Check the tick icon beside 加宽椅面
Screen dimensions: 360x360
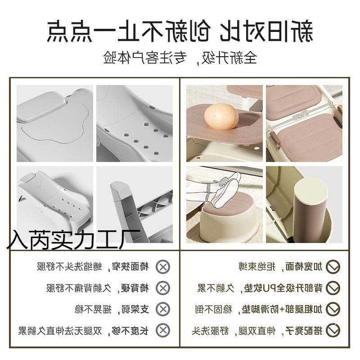coord(333,266)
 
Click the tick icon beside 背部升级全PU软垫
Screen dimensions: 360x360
coord(333,288)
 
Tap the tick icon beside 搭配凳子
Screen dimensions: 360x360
coord(333,330)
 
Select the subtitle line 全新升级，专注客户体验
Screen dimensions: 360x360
coord(180,58)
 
